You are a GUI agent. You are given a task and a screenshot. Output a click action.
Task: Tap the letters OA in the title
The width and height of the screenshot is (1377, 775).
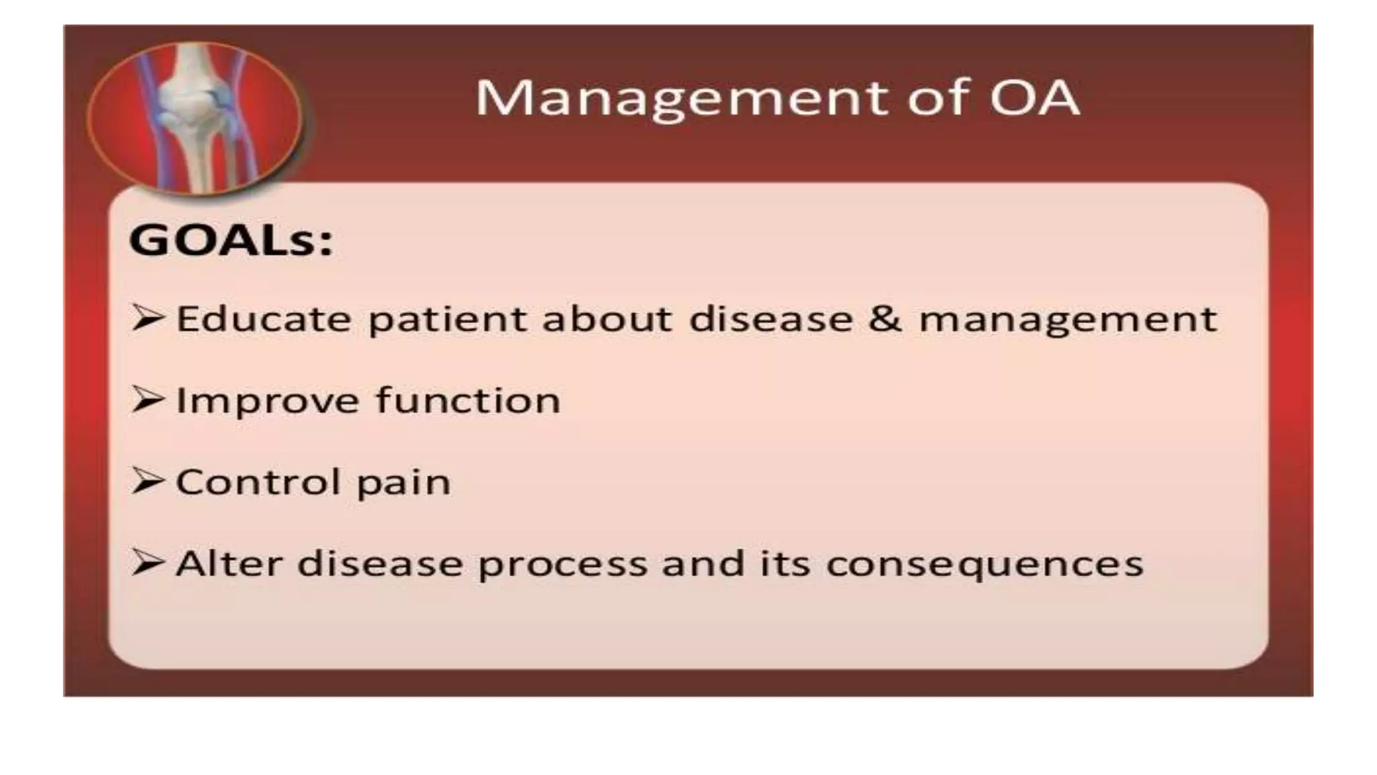coord(1034,98)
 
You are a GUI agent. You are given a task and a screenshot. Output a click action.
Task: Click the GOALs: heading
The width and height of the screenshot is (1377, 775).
coord(231,240)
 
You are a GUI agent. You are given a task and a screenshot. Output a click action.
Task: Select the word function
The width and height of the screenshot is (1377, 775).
coord(468,400)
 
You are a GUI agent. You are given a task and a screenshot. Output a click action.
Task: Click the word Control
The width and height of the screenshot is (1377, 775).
coord(258,482)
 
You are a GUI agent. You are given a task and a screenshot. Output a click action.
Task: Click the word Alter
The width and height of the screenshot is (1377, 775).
coord(229,564)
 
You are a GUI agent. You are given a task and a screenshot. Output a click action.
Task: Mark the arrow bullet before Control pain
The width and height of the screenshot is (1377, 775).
coord(147,482)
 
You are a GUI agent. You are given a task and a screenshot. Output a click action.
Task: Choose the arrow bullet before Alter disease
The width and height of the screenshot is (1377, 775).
coord(147,563)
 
